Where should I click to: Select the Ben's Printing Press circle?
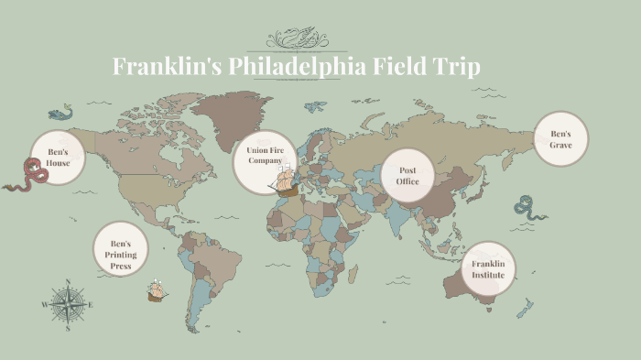tap(121, 248)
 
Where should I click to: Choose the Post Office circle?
tap(407, 175)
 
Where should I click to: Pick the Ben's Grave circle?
tap(560, 139)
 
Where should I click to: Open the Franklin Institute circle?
tap(487, 269)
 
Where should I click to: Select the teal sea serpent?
tap(527, 207)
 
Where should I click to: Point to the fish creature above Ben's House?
tap(60, 114)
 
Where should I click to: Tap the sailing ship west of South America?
tap(157, 291)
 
